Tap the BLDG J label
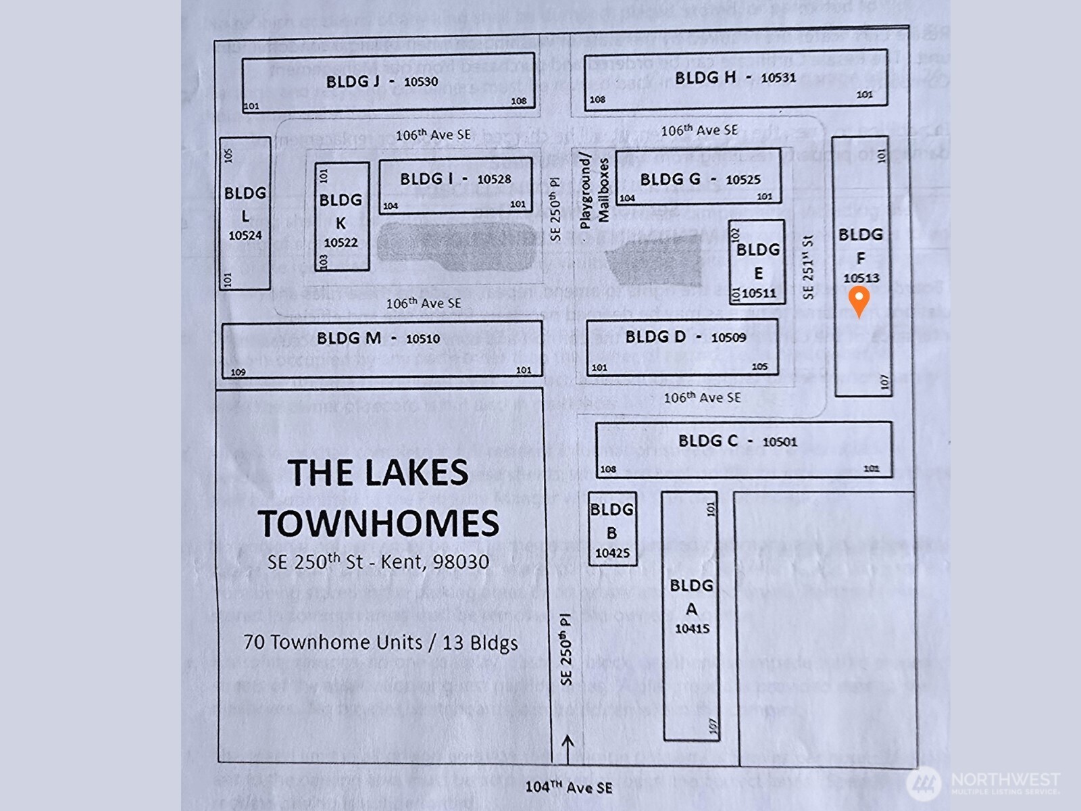pos(352,82)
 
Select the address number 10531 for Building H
pos(778,78)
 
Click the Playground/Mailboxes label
pos(594,191)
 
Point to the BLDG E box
pos(757,262)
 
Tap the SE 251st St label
pos(809,267)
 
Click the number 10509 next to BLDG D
pos(728,337)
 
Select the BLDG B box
pos(612,529)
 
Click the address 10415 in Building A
pos(692,629)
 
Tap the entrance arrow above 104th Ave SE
pos(568,747)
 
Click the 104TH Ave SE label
pos(569,787)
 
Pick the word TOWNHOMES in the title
pos(378,523)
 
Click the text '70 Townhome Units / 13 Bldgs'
pos(380,642)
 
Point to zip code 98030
pos(461,562)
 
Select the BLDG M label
pos(349,338)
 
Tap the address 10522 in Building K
pos(341,243)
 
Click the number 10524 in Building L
pos(245,236)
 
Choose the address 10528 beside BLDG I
pos(494,179)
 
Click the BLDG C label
pos(707,441)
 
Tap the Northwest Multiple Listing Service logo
pos(983,784)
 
